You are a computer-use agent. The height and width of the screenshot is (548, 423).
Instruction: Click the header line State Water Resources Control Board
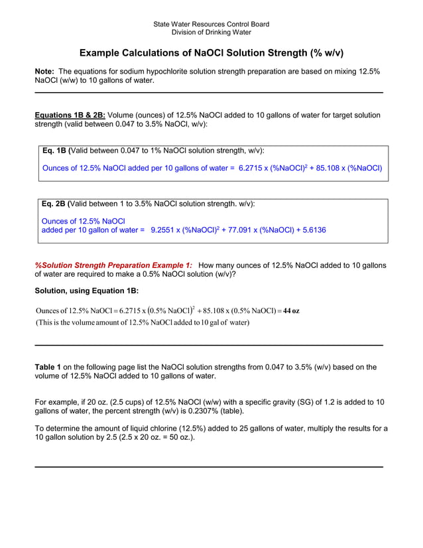tap(211, 25)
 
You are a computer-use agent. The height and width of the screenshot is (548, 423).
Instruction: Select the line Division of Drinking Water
tap(211, 32)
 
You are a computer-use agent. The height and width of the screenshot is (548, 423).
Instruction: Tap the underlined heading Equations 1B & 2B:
tap(70, 115)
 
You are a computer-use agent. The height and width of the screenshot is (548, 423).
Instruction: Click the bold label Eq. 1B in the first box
tap(55, 151)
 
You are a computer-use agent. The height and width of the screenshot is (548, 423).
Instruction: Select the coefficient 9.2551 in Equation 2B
tap(166, 230)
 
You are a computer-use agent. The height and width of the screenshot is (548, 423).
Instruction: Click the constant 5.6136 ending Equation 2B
tap(309, 230)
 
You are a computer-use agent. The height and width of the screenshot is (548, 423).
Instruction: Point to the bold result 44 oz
tap(291, 311)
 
